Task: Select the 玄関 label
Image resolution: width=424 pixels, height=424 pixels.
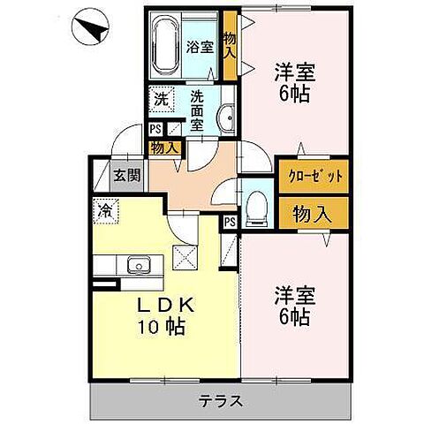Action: coord(126,175)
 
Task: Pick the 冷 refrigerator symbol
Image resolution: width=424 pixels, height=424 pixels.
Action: coord(104,210)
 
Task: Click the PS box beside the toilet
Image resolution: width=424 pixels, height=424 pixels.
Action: coord(230,221)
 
